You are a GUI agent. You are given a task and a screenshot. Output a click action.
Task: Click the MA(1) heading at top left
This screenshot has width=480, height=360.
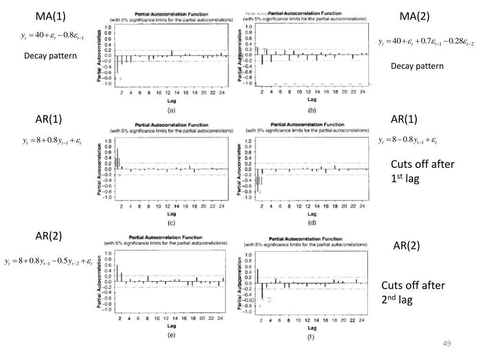point(51,16)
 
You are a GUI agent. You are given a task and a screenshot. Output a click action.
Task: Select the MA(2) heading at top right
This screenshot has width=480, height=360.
point(414,16)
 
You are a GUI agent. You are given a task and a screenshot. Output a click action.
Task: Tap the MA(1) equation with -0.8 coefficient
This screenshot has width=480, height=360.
point(52,36)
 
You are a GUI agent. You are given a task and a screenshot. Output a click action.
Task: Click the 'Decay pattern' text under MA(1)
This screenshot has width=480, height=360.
point(50,56)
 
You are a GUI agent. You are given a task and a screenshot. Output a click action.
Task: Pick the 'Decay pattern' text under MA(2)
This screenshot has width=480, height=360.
point(417,66)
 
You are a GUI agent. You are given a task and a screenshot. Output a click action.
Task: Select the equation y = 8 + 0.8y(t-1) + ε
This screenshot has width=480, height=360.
point(52,140)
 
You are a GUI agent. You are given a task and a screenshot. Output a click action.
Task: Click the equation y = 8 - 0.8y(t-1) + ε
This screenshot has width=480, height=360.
point(407,140)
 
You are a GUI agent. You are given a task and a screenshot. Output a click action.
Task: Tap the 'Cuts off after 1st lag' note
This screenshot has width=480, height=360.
point(416,171)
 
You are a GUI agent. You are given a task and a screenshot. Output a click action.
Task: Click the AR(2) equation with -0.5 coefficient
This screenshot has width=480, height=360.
point(48,260)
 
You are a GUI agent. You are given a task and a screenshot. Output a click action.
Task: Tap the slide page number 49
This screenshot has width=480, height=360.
point(446,345)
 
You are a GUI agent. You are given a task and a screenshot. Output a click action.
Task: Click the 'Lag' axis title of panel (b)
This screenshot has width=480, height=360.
point(311,99)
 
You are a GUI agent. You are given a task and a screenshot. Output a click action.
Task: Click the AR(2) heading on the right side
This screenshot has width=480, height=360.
point(406,246)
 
